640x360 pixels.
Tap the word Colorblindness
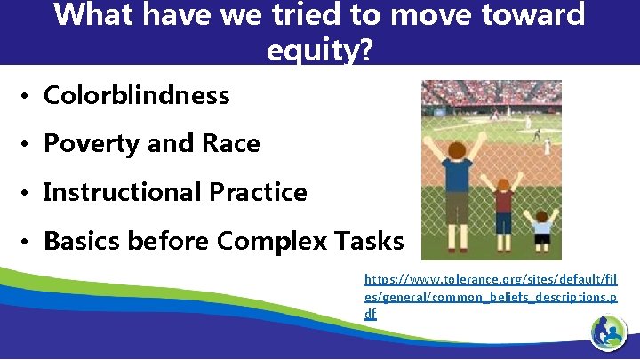click(x=136, y=95)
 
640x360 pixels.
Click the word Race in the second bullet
click(x=229, y=143)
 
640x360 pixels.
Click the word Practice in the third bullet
click(x=258, y=192)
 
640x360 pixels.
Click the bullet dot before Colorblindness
click(x=28, y=96)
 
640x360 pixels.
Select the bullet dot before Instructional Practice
click(x=28, y=193)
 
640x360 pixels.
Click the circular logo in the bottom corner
click(x=609, y=332)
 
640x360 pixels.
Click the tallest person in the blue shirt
click(x=457, y=178)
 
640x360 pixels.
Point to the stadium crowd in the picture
click(x=489, y=92)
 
